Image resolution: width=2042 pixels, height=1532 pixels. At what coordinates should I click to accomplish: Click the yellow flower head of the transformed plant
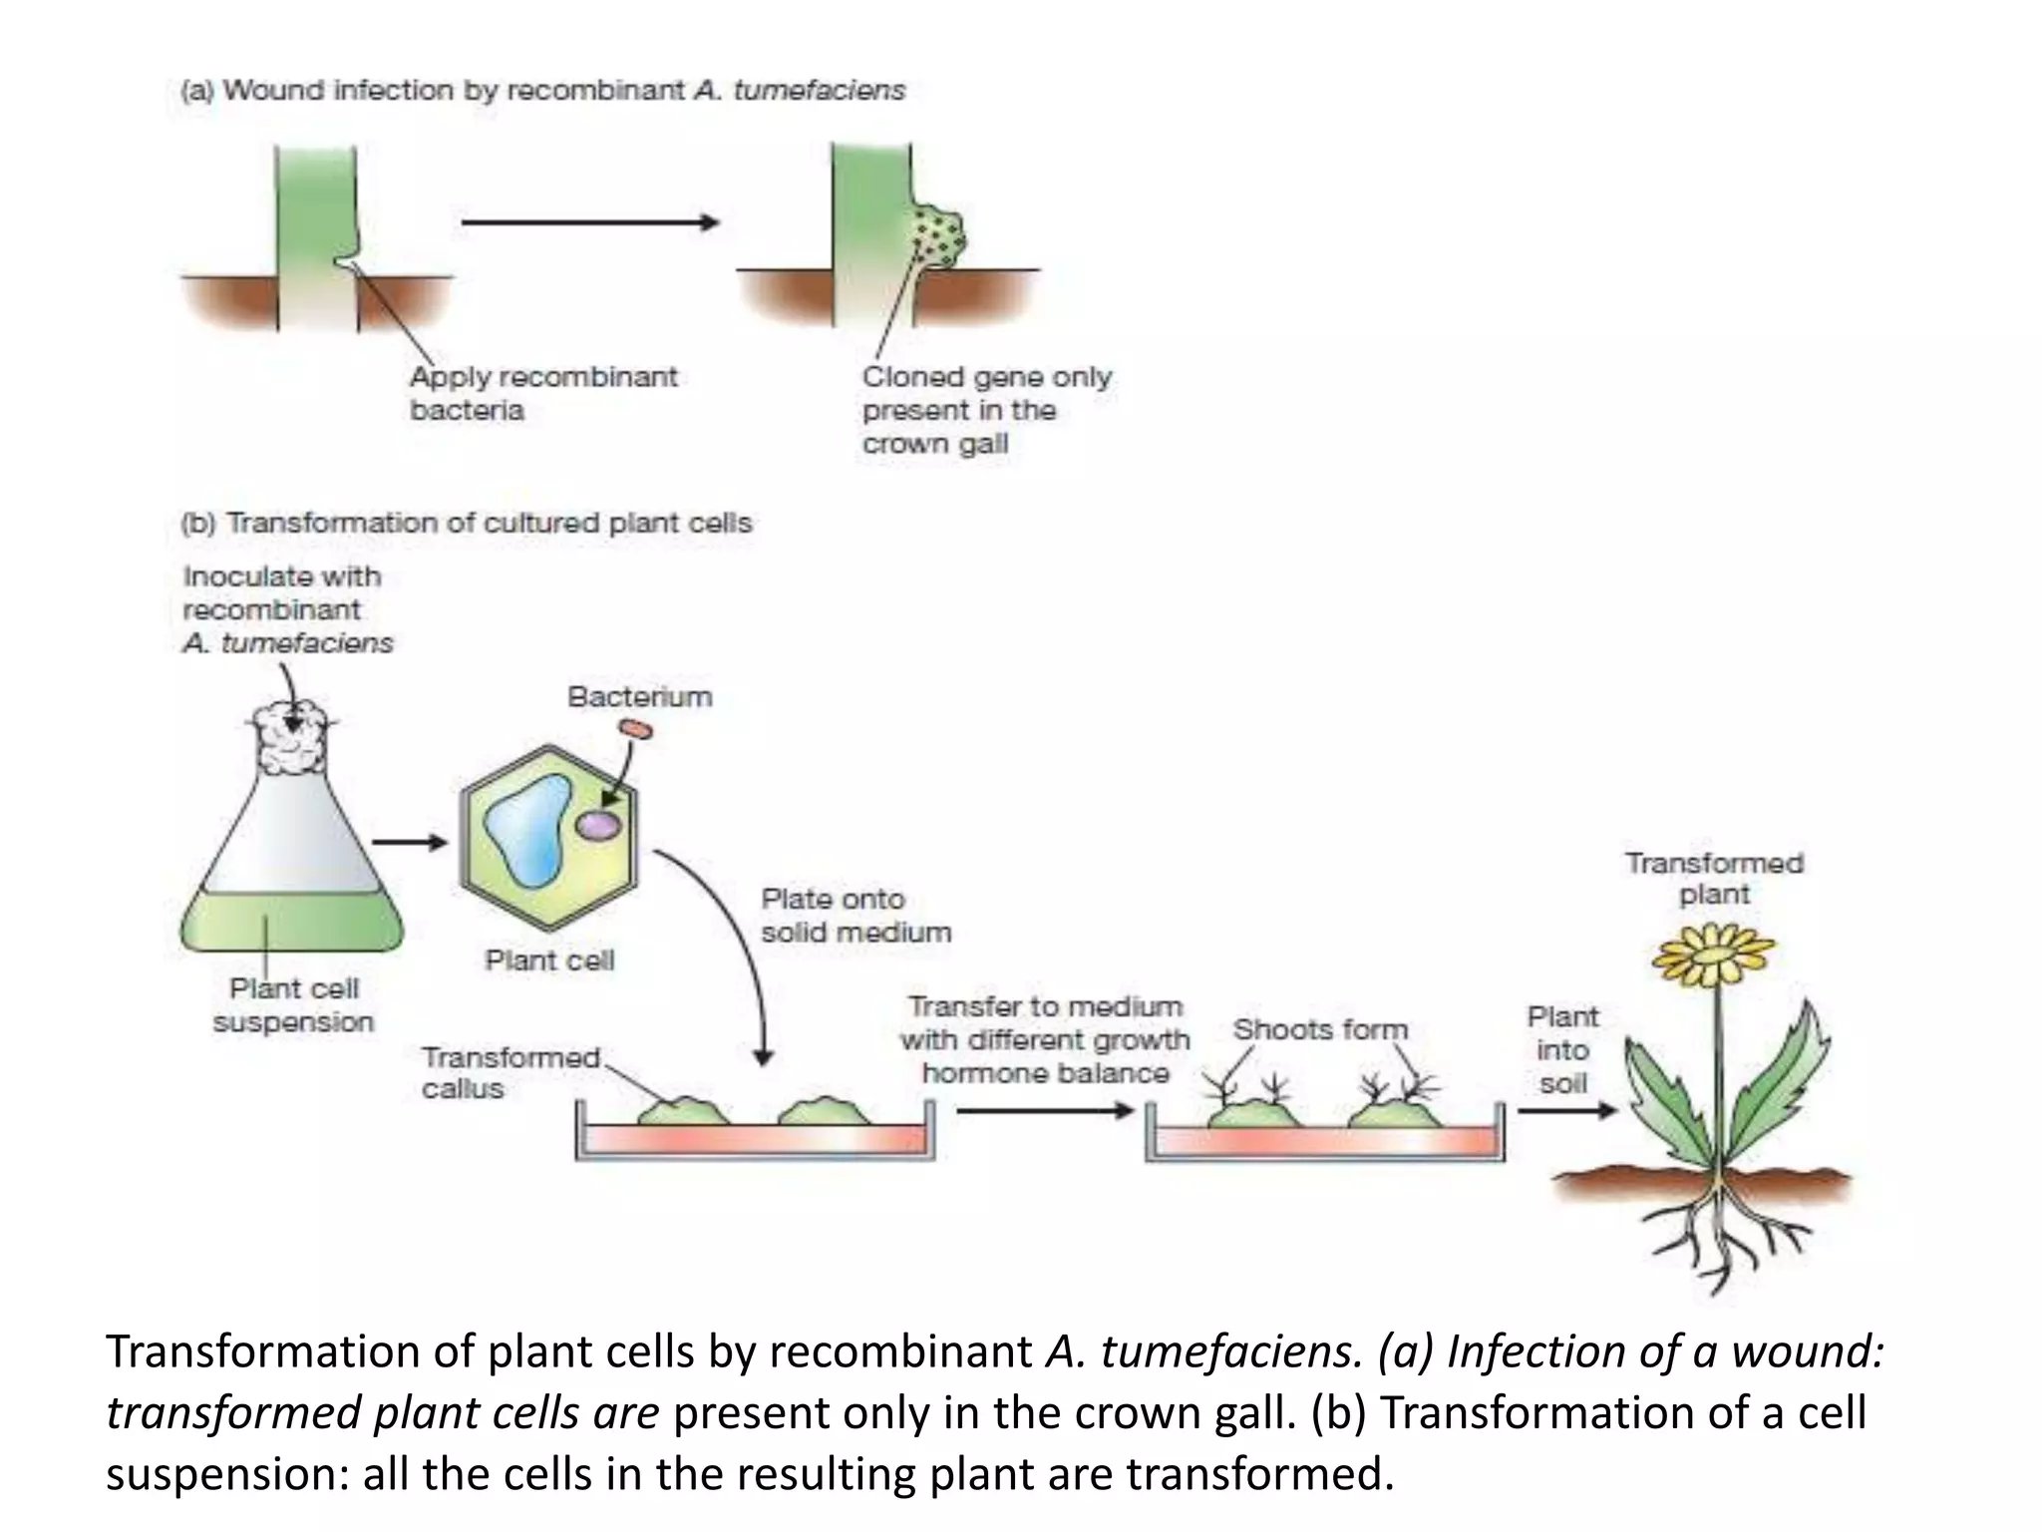(x=1713, y=953)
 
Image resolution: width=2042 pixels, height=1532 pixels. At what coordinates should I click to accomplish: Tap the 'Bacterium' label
(x=639, y=696)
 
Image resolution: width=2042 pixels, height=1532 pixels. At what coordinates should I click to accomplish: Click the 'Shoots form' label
(x=1319, y=1029)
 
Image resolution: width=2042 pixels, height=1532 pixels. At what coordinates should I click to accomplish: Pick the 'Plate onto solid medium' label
(x=854, y=916)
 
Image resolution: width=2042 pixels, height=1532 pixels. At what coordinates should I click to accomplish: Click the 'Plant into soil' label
(x=1561, y=1049)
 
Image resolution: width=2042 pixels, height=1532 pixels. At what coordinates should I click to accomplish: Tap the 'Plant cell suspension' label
(x=292, y=1005)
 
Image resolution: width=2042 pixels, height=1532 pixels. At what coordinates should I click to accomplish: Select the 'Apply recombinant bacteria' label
(x=542, y=393)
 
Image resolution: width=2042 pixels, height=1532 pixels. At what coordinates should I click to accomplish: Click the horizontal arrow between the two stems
(x=590, y=222)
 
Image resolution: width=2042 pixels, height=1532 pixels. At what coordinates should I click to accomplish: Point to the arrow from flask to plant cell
(x=410, y=843)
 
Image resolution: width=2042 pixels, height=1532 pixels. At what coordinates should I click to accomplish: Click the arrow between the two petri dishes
(x=1044, y=1110)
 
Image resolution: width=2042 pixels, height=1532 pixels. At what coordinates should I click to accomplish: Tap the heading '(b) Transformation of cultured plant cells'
(x=466, y=523)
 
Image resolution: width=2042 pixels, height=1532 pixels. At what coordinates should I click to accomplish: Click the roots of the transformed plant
(x=1720, y=1237)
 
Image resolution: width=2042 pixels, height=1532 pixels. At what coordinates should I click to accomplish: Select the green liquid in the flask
(x=292, y=923)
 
